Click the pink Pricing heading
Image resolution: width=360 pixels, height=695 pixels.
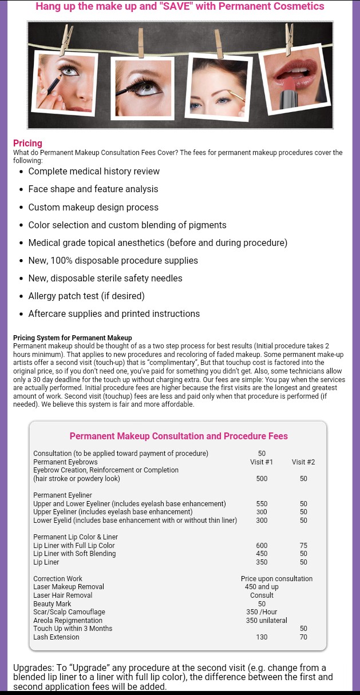[27, 143]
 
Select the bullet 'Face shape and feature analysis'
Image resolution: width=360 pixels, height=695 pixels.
[93, 189]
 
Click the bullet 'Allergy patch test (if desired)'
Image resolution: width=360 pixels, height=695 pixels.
[86, 296]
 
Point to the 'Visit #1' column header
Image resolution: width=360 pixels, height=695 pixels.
[262, 462]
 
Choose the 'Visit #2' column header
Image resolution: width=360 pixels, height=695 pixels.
[303, 462]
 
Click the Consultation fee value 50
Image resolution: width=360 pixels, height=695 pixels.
[262, 454]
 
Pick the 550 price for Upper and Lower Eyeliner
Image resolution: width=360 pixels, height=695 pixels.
[262, 504]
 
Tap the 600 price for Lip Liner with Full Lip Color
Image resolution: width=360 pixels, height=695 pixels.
[262, 546]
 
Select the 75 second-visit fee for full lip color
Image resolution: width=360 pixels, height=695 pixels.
[303, 546]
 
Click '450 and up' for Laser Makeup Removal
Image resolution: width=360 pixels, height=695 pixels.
[262, 587]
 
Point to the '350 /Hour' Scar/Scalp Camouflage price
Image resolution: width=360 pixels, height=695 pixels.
[262, 612]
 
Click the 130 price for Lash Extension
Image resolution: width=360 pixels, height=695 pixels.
[262, 637]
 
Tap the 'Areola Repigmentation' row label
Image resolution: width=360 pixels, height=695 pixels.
[68, 621]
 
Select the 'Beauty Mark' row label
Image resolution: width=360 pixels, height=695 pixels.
[52, 604]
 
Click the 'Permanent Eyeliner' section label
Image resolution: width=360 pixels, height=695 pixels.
[62, 495]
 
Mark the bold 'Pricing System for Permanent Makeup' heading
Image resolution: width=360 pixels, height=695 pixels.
[73, 338]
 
